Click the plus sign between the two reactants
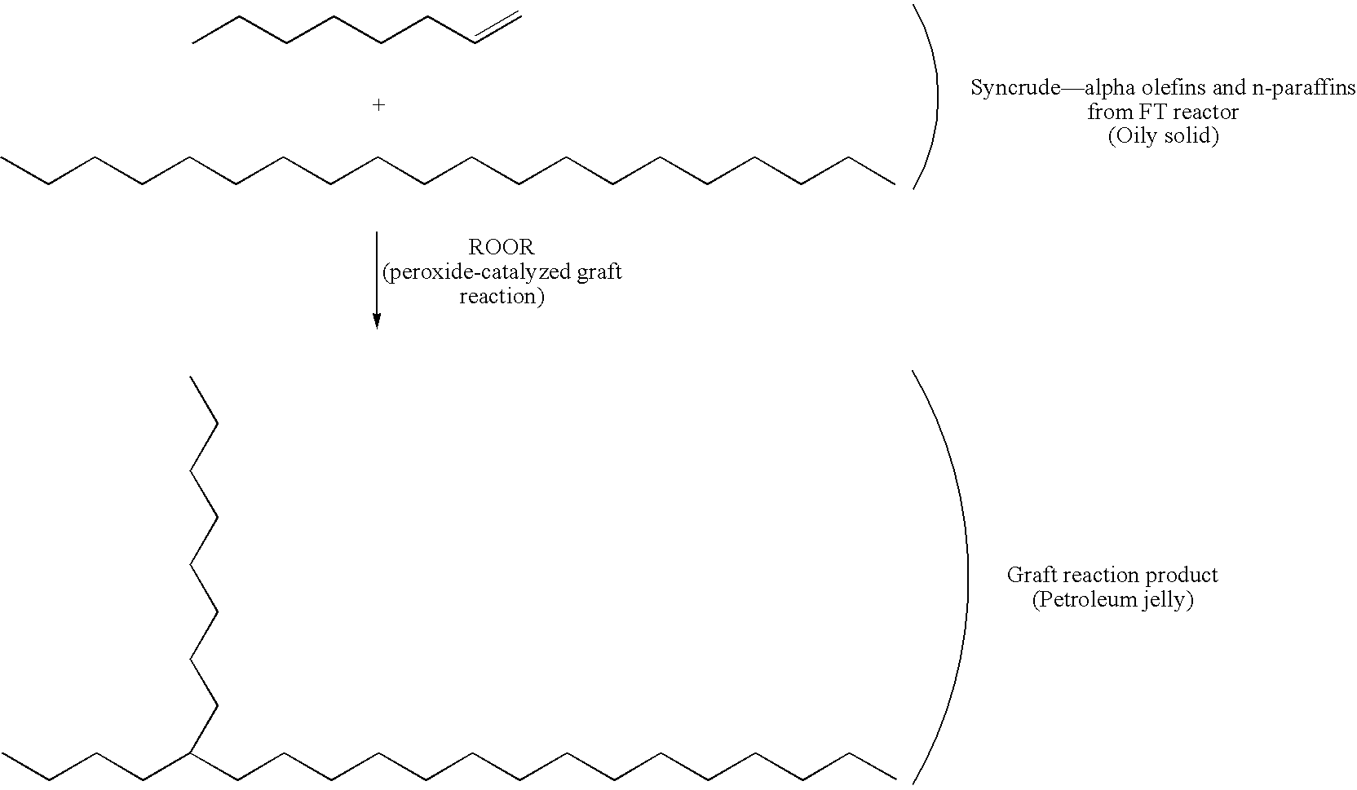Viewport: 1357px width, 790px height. pyautogui.click(x=378, y=105)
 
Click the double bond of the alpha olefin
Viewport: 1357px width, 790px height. pyautogui.click(x=498, y=27)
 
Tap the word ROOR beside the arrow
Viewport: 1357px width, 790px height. pyautogui.click(x=502, y=247)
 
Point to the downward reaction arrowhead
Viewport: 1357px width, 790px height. pyautogui.click(x=377, y=321)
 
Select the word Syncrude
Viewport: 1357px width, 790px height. pyautogui.click(x=1015, y=88)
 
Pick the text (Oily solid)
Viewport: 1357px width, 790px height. pyautogui.click(x=1163, y=135)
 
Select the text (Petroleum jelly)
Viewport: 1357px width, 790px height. pyautogui.click(x=1113, y=599)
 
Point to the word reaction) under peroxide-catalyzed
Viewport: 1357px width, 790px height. pyautogui.click(x=502, y=296)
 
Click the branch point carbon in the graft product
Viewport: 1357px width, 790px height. pyautogui.click(x=191, y=753)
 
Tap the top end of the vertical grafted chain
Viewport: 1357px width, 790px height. pyautogui.click(x=190, y=376)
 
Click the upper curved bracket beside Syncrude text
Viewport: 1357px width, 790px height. pyautogui.click(x=926, y=97)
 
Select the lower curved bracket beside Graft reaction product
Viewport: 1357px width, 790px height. pyautogui.click(x=940, y=577)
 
